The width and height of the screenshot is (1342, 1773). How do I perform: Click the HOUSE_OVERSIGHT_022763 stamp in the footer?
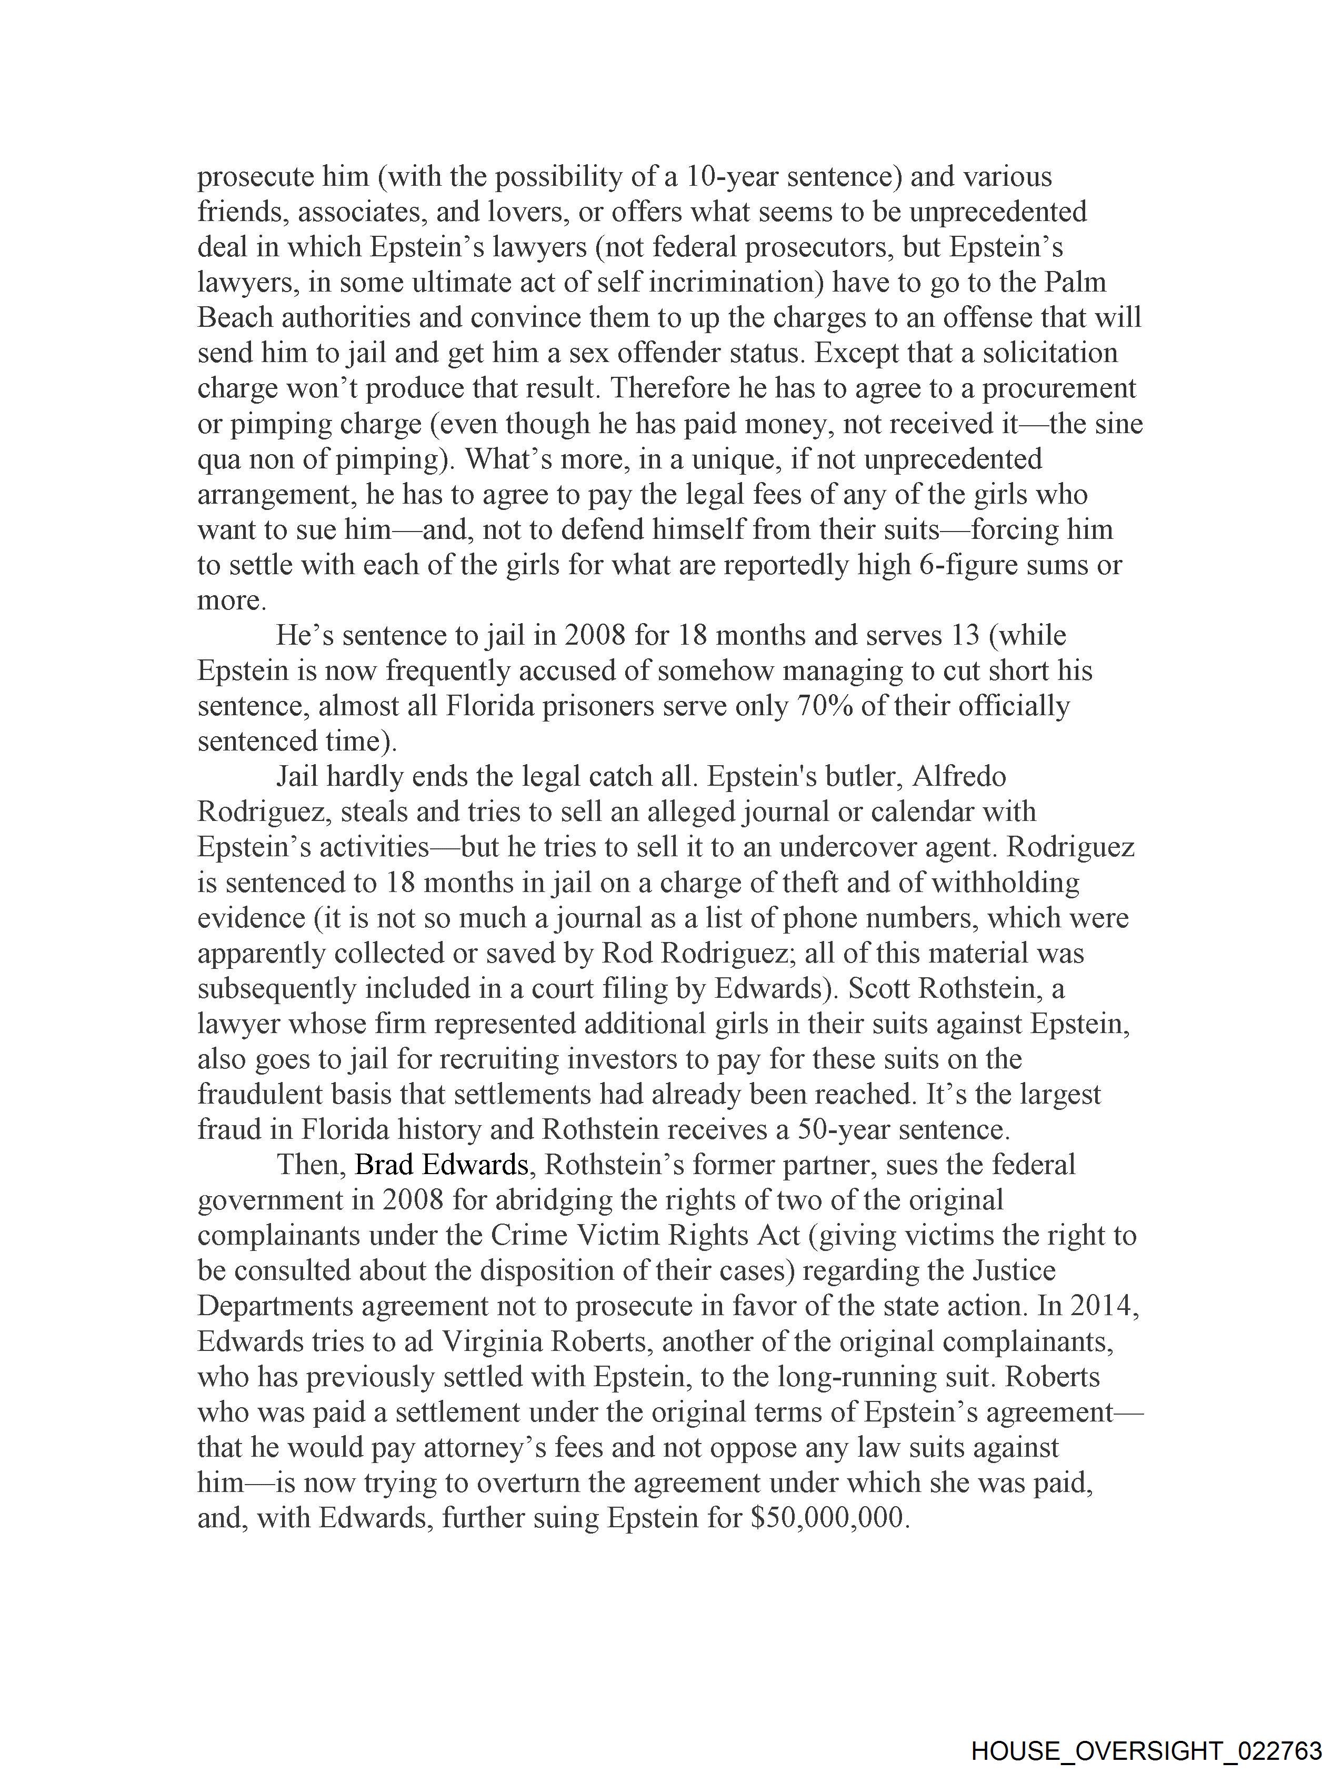pos(1146,1750)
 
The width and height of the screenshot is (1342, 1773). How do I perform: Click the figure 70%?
pos(825,706)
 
